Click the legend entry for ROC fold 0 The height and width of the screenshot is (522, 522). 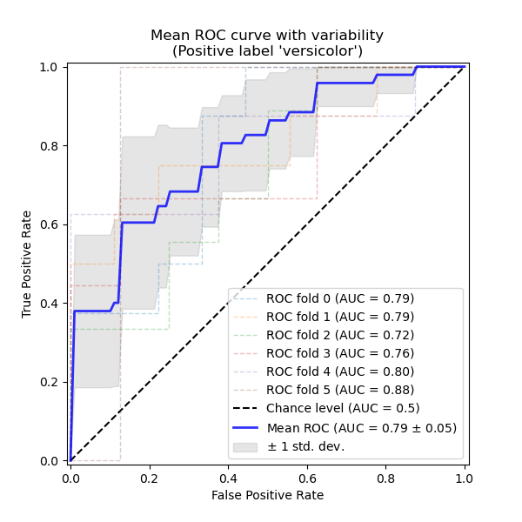pos(340,298)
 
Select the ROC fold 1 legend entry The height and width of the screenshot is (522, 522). pos(340,317)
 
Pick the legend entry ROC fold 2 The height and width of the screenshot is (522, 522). pos(340,335)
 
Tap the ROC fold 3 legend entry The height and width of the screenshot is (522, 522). pos(340,353)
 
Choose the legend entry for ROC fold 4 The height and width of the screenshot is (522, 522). pos(340,371)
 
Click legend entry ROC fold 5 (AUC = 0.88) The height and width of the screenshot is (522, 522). pos(340,390)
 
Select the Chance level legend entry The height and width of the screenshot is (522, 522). pos(343,408)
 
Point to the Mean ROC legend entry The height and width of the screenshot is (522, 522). pos(361,427)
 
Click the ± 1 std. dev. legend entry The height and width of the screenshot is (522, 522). pos(305,446)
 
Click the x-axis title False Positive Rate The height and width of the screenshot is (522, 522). pos(267,495)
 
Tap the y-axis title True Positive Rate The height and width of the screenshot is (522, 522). pos(27,264)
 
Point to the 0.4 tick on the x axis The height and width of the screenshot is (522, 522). pos(228,477)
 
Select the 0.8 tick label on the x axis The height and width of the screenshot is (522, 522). pos(385,477)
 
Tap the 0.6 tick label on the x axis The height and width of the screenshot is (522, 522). pos(306,477)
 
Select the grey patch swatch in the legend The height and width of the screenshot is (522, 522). pos(245,446)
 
